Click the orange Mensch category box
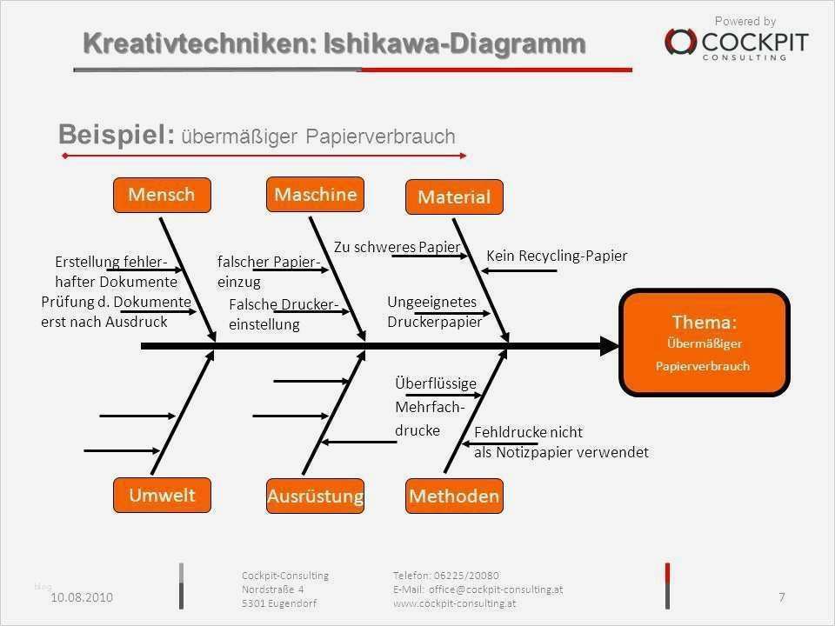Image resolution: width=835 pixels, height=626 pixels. coord(162,196)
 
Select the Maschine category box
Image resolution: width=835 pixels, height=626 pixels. coord(315,194)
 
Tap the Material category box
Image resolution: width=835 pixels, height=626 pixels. coord(454,197)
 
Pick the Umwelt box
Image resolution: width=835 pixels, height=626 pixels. coord(162,495)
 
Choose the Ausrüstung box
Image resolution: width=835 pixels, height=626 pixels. coord(315,496)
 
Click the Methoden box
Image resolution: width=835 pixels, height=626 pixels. coord(454,496)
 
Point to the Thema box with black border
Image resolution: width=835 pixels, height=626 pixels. coord(704,343)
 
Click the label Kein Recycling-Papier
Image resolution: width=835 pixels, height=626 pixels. coord(557,256)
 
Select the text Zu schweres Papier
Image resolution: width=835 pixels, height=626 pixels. coord(397,247)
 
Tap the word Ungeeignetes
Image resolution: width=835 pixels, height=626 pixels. coord(432,302)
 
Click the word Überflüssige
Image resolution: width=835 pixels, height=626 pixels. coord(436,383)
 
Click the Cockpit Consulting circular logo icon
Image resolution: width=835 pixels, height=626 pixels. coord(680,42)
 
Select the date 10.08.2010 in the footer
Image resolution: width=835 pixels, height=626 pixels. coord(82,597)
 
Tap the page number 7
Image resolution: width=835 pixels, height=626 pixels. coord(782,597)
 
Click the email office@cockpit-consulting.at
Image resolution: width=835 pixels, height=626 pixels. coord(496,589)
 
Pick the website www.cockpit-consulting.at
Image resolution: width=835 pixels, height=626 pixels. coord(454,603)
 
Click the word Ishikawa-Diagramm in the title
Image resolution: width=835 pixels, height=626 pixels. coord(454,43)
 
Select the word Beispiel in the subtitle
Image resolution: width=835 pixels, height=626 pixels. coord(116,134)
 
